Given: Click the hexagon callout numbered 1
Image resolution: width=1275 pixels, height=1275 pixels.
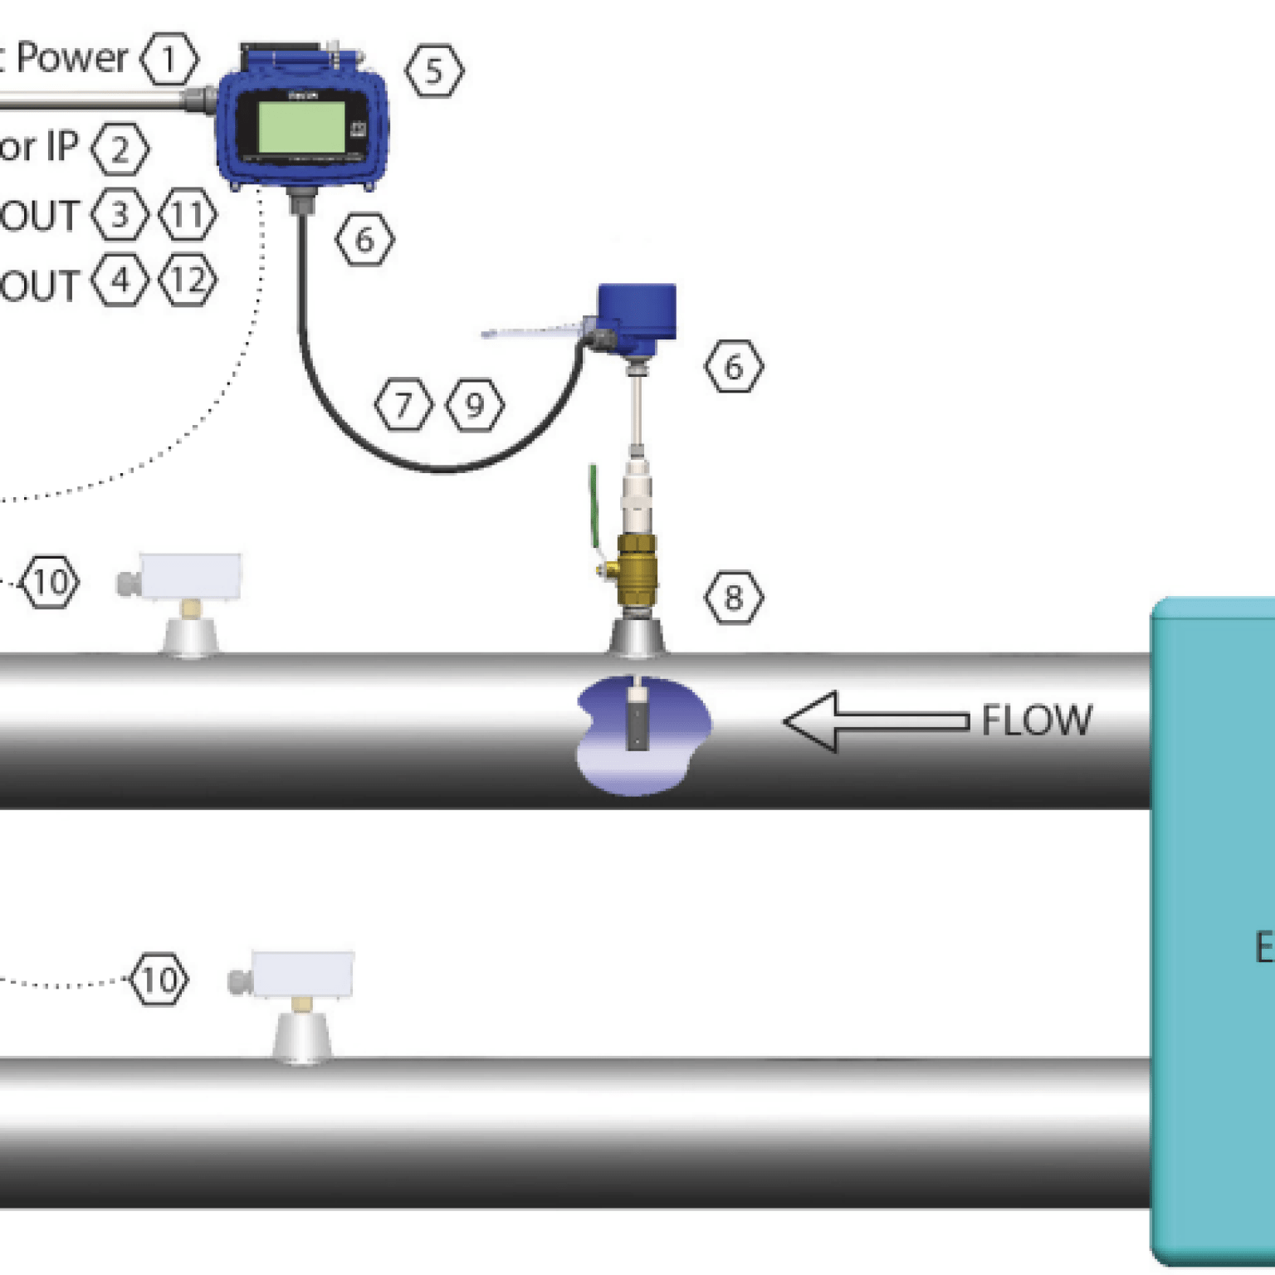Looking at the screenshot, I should click(169, 59).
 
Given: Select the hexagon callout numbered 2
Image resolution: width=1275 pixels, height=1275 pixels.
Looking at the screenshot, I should click(120, 149).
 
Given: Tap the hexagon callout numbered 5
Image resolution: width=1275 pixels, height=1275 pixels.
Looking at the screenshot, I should click(434, 71).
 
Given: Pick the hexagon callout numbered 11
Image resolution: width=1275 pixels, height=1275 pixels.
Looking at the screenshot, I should click(188, 215).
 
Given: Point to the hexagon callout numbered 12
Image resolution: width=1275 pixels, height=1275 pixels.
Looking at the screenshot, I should click(188, 281).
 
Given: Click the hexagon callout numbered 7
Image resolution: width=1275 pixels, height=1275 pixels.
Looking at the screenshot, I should click(403, 405).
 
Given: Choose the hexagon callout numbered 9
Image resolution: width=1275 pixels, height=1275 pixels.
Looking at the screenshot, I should click(474, 405).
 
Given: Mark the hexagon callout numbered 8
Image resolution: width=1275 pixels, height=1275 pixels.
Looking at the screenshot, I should click(733, 597).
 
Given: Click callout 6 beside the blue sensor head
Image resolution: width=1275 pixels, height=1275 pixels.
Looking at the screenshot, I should click(733, 366).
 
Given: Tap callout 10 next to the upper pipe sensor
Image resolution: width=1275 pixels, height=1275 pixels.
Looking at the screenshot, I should click(51, 582).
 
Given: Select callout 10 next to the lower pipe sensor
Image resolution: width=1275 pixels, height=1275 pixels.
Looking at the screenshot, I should click(159, 979).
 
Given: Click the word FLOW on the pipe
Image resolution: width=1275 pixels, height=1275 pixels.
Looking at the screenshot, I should click(1037, 721).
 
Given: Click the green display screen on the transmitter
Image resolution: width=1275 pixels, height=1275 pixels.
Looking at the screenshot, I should click(301, 127).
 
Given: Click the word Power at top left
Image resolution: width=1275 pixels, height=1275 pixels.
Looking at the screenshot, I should click(72, 58).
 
